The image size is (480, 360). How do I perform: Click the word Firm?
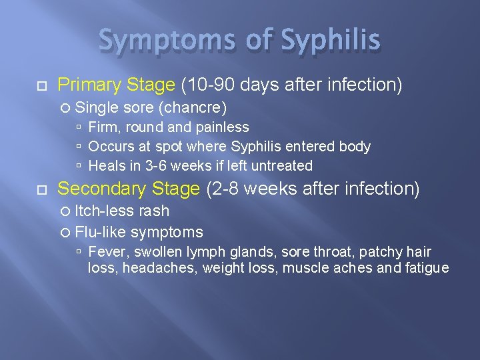coord(103,127)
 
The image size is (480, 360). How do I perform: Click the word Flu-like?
coord(101,232)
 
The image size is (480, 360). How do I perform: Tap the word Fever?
coord(105,252)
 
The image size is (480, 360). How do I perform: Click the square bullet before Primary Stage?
coord(42,85)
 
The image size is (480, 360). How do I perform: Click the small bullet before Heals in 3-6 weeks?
coord(79,166)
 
